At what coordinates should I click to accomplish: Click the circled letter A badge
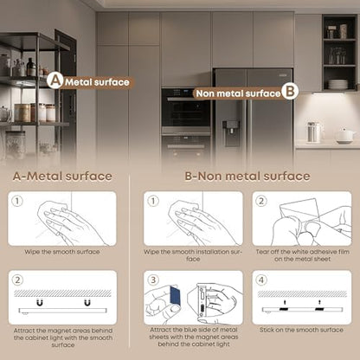coord(55,80)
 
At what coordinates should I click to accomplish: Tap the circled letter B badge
coord(290,92)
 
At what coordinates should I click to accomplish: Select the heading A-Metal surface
coord(62,177)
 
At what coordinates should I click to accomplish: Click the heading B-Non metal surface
coord(247,177)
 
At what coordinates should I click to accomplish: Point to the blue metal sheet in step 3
coord(174,295)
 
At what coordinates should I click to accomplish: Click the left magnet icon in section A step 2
coord(40,302)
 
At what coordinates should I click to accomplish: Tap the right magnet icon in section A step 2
coord(87,302)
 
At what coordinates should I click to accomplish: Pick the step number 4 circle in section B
coord(261,280)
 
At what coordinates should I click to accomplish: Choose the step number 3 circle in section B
coord(153,280)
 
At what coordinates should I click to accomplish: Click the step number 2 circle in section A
coord(17,280)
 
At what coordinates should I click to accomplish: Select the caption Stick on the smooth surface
coord(301,330)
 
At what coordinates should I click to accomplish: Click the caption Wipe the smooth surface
coord(62,252)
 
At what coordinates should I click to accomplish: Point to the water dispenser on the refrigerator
coord(231,133)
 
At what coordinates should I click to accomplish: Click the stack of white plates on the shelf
coord(337,84)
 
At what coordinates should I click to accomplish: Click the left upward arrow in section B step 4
coord(285,302)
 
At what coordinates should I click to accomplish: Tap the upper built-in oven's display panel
coord(180,93)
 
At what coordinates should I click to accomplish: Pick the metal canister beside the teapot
coord(313,132)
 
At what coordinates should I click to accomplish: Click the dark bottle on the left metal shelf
coord(30,67)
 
